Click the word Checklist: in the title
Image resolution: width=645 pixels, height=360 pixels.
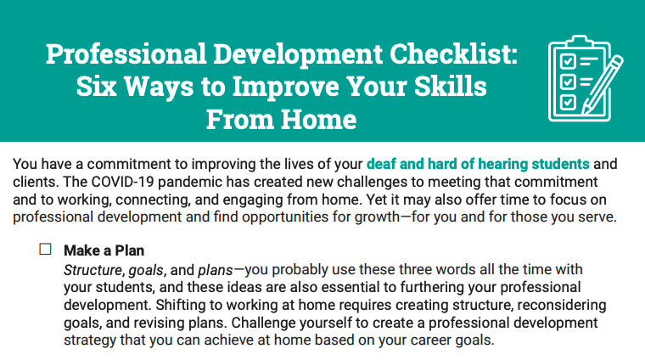(x=453, y=53)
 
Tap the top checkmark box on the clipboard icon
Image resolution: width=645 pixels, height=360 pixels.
(x=568, y=61)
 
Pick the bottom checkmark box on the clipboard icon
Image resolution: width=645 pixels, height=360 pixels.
(x=568, y=101)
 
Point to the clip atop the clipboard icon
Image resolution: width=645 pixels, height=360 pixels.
(x=580, y=41)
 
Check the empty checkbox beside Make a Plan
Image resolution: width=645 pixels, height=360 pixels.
(x=45, y=250)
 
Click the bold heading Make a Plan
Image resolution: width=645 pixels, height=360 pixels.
(x=104, y=250)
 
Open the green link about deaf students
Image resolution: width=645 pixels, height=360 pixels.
(x=478, y=164)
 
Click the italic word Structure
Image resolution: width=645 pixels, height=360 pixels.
(x=93, y=270)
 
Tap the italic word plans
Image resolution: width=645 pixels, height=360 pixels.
(x=216, y=270)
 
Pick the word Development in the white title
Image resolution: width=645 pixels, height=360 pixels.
(x=298, y=54)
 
